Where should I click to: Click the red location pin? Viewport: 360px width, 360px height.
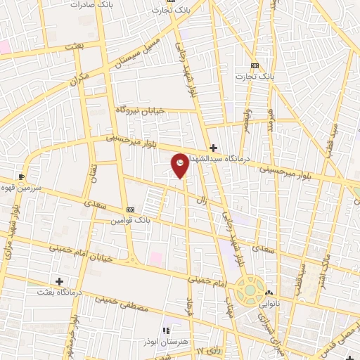(x=181, y=165)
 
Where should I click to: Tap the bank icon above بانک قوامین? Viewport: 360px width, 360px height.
(x=129, y=210)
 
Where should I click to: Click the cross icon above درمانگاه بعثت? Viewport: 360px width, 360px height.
(x=59, y=281)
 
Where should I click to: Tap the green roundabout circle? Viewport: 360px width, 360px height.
(x=250, y=288)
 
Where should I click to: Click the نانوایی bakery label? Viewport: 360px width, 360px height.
(x=274, y=307)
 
